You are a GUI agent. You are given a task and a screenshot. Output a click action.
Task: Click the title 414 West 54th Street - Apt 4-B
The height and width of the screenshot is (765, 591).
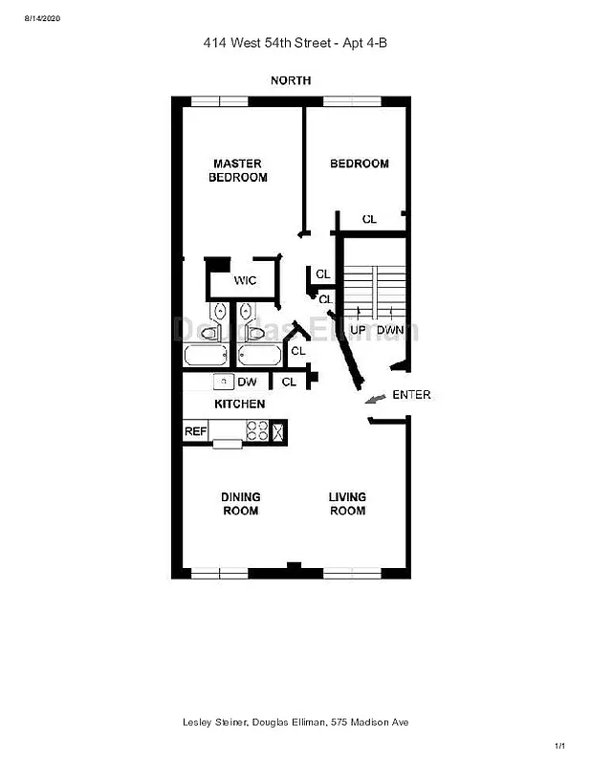[x=295, y=42]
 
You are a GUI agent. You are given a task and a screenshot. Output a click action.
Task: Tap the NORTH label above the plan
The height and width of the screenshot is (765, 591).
[x=291, y=80]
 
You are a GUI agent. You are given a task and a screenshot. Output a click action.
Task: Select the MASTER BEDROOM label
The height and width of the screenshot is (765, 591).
[x=238, y=170]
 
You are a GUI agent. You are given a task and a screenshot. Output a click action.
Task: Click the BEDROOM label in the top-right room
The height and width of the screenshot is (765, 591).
[x=360, y=164]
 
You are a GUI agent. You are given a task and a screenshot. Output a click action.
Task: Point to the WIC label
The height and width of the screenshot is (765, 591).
[x=246, y=280]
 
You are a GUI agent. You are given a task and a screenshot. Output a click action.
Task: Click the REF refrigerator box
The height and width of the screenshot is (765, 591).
[x=195, y=431]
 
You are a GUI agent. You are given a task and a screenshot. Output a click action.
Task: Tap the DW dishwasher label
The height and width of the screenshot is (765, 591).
[x=247, y=382]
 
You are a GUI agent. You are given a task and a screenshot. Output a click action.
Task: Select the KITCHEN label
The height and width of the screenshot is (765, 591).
[x=239, y=404]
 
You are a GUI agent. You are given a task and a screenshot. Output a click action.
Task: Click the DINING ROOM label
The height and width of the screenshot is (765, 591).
[x=240, y=504]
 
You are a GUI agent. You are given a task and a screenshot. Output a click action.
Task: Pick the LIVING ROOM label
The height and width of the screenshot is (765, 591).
[x=347, y=504]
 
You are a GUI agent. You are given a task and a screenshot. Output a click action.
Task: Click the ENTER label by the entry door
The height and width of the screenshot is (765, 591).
[x=411, y=395]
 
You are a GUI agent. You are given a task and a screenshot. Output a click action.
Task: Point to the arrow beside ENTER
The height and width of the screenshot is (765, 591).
[x=378, y=397]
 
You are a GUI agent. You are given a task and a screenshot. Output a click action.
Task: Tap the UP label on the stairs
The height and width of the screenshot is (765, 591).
[x=359, y=330]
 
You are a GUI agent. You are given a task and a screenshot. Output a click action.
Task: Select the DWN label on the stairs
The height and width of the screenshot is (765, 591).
[x=389, y=330]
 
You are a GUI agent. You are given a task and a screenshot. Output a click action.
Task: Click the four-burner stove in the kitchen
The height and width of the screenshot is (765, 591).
[x=256, y=431]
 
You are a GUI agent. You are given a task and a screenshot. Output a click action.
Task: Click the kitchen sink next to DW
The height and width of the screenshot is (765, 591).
[x=222, y=382]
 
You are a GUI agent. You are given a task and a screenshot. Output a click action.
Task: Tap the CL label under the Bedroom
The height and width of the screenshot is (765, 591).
[x=369, y=220]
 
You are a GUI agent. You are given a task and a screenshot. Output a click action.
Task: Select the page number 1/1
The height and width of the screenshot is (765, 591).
[x=560, y=746]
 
